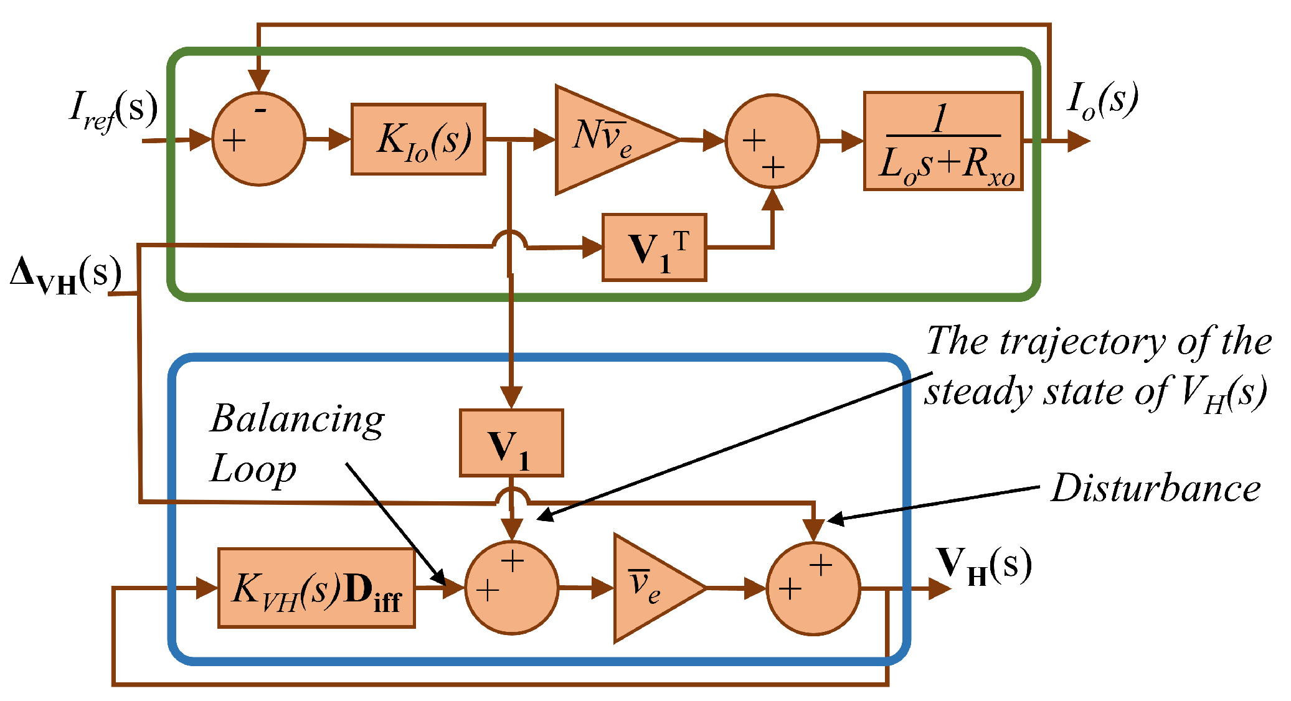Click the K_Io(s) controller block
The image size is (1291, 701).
pos(418,139)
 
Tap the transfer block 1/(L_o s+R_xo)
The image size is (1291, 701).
pos(943,141)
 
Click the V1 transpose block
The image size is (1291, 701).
pos(654,248)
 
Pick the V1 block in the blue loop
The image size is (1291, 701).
pos(511,443)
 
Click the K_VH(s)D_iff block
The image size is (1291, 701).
pos(316,588)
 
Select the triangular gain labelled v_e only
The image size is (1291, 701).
pos(651,587)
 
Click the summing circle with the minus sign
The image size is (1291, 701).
pos(258,139)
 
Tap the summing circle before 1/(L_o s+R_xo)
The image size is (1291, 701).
pos(772,141)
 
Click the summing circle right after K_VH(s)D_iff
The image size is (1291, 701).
pos(511,587)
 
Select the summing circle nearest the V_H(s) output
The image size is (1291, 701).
pos(813,588)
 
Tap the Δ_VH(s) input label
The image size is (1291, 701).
pos(65,276)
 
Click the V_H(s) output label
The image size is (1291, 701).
pos(984,565)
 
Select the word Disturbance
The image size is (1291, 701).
pos(1156,488)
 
